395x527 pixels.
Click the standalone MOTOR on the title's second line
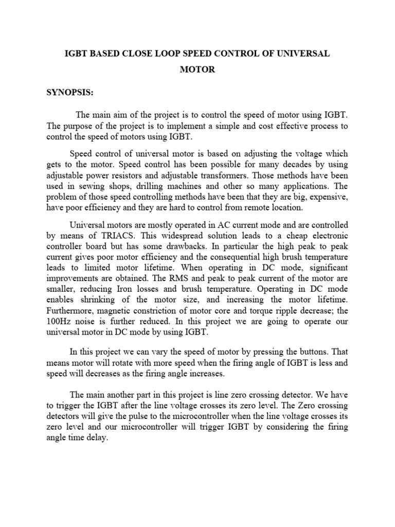tap(197, 69)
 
